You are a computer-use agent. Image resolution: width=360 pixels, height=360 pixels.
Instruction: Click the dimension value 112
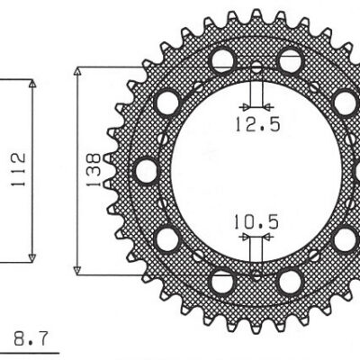click(x=18, y=169)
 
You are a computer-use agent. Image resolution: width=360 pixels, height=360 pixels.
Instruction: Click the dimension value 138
click(x=94, y=170)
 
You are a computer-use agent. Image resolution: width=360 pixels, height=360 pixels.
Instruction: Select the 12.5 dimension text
click(x=257, y=124)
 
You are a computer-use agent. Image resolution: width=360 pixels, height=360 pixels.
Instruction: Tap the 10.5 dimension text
click(x=256, y=222)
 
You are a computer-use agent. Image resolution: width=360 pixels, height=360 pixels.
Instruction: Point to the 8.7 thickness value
click(x=31, y=338)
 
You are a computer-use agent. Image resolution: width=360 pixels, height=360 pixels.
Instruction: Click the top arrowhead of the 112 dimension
click(x=32, y=84)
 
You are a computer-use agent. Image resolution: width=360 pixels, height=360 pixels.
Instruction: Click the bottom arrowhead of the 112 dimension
click(x=32, y=258)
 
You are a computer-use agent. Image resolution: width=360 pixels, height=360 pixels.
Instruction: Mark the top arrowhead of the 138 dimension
click(x=77, y=72)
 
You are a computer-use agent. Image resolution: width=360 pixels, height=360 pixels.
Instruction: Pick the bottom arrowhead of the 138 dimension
click(x=77, y=270)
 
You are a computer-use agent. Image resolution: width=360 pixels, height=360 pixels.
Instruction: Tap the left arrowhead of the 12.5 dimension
click(x=246, y=106)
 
